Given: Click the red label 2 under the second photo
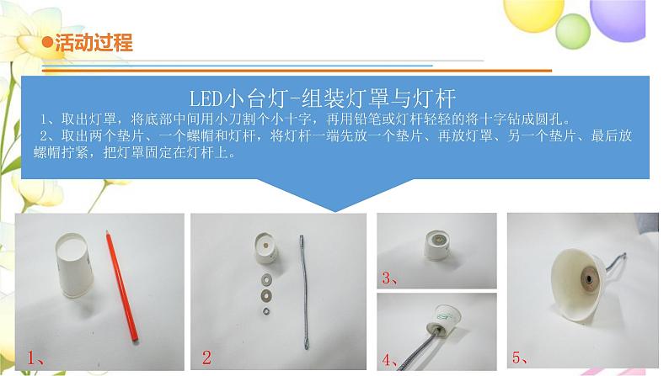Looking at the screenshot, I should coord(206,357).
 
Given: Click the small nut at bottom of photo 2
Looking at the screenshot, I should coord(266,311).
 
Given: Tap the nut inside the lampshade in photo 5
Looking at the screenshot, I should coord(586,277).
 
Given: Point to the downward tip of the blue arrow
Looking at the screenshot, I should coord(335,209).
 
